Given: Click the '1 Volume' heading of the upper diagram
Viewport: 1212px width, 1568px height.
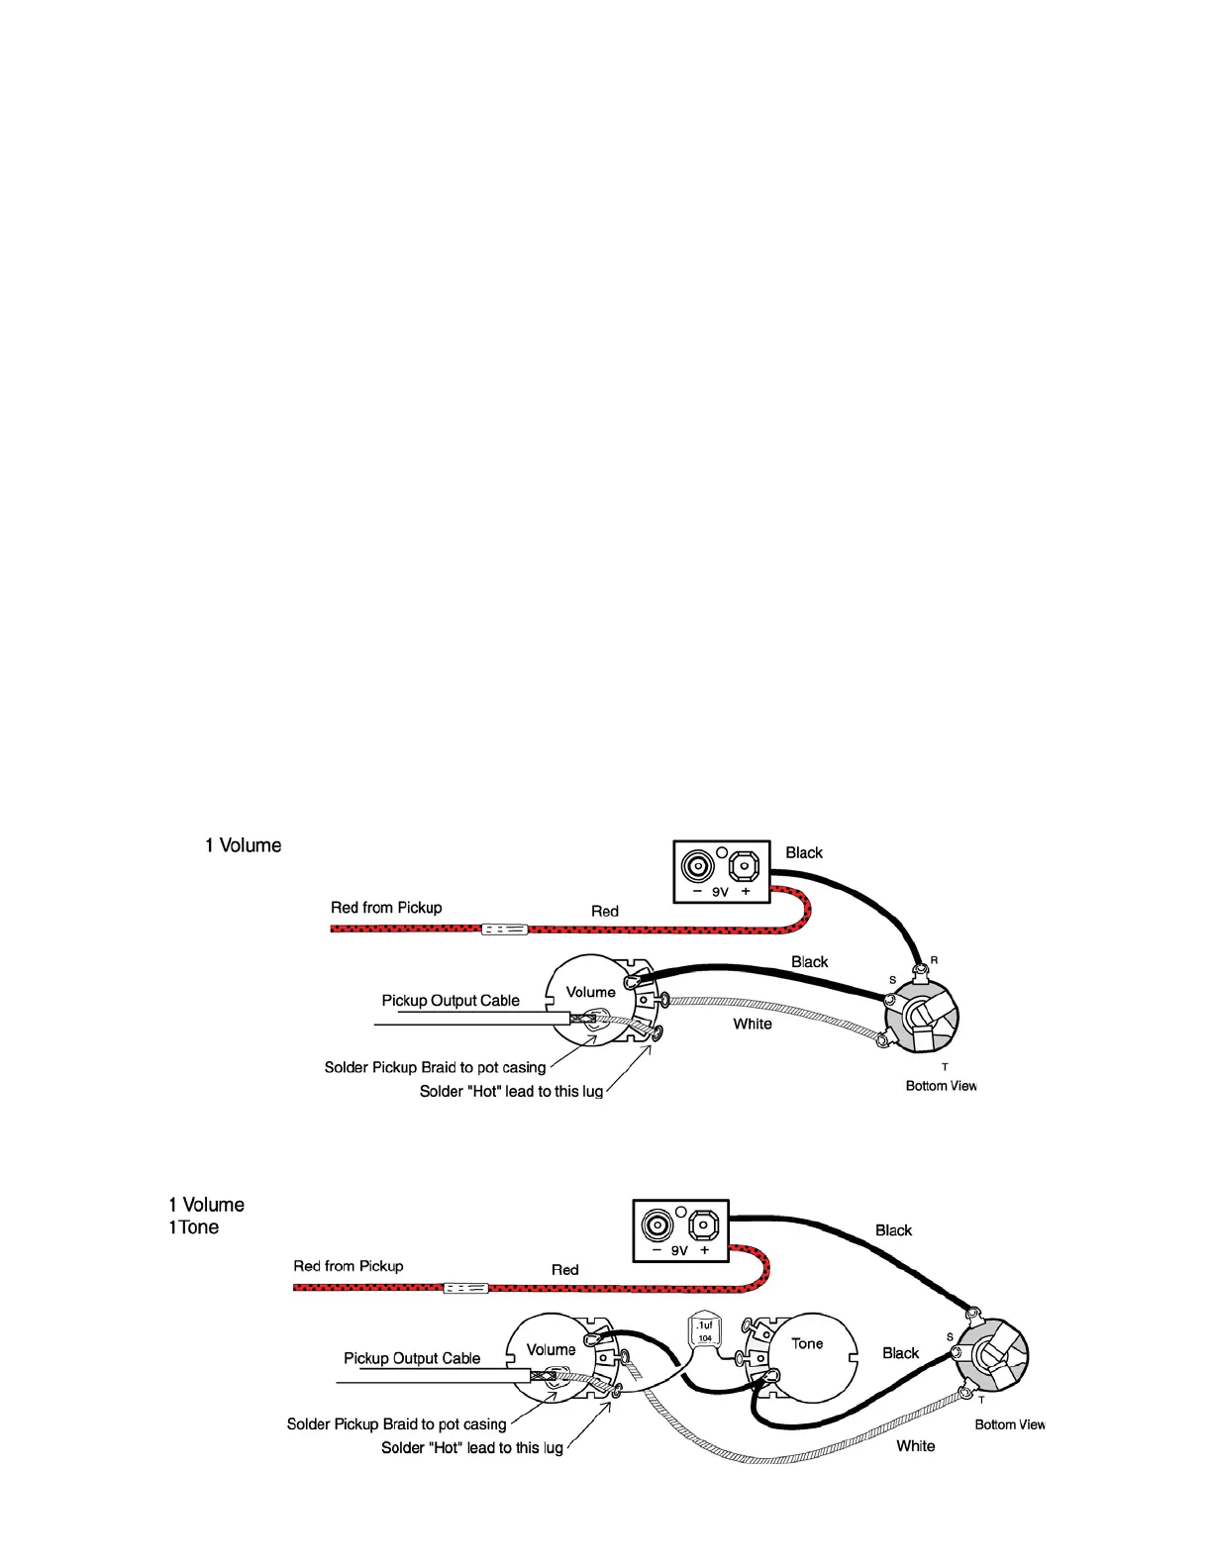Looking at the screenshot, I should pos(243,845).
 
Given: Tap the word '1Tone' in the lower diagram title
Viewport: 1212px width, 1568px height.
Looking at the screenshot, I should pos(194,1227).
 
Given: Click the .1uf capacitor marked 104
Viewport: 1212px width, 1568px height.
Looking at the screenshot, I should pos(704,1331).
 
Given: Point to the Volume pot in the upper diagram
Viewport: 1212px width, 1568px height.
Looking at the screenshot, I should pos(591,1000).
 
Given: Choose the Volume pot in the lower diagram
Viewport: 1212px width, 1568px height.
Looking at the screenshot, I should pos(551,1358).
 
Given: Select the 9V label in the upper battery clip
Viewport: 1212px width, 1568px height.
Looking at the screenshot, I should pos(720,892).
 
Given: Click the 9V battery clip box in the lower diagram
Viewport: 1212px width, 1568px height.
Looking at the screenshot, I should pos(680,1230).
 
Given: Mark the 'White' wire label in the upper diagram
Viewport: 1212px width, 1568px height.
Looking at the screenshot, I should pos(753,1024).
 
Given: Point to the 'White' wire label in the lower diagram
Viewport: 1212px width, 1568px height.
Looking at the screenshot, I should pos(916,1446).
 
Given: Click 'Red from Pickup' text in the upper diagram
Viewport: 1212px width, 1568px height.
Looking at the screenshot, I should pos(386,908).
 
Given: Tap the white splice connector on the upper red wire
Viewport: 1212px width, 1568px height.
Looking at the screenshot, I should pos(504,930).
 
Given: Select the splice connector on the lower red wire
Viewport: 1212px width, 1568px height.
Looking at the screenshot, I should pos(465,1288).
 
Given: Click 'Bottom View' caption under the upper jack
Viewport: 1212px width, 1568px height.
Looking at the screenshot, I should pos(941,1086).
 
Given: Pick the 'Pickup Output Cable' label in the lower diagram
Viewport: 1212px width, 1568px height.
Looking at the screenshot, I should pos(412,1358).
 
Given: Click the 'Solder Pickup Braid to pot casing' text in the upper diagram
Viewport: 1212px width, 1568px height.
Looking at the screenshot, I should pos(435,1067).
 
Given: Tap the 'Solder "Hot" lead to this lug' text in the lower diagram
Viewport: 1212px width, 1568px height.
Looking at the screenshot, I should pos(472,1447).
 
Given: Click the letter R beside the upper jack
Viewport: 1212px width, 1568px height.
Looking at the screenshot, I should pos(934,960).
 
